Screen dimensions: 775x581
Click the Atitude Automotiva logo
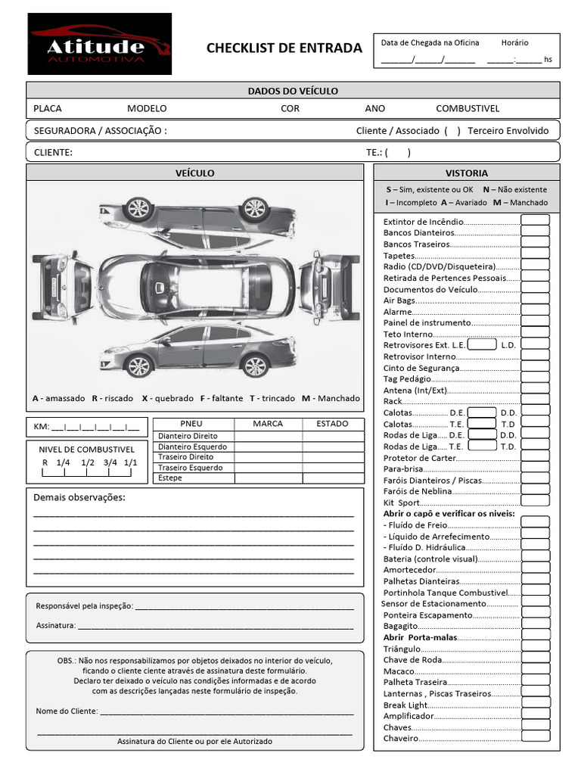click(x=100, y=44)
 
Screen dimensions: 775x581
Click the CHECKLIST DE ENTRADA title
click(x=284, y=48)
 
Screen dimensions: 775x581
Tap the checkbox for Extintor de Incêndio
click(x=536, y=221)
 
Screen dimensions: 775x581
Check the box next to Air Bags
click(x=536, y=300)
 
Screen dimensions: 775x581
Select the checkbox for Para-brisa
click(x=536, y=468)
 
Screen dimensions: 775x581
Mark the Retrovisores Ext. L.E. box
click(x=482, y=344)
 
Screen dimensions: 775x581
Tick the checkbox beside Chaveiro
click(x=536, y=737)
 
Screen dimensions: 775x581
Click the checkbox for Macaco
click(x=536, y=671)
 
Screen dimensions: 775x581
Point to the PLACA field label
click(x=48, y=108)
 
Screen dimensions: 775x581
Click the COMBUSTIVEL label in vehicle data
click(x=468, y=108)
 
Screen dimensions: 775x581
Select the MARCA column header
click(x=268, y=424)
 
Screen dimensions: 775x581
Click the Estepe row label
click(x=170, y=478)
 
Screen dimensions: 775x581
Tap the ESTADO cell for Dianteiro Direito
click(x=333, y=436)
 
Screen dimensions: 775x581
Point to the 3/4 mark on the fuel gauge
click(x=110, y=462)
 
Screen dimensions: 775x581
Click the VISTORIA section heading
click(x=467, y=173)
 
